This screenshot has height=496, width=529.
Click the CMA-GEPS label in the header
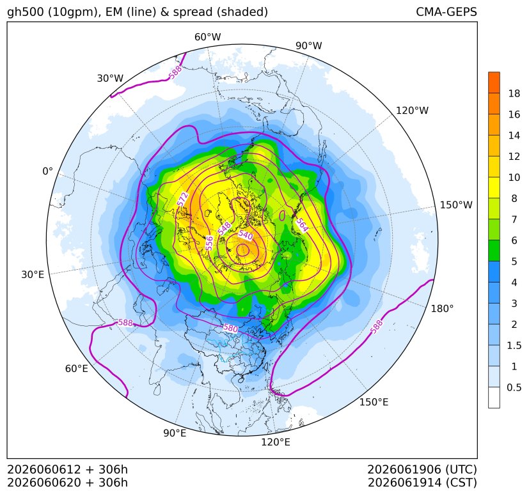tap(446, 12)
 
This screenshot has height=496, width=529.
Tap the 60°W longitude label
tap(207, 37)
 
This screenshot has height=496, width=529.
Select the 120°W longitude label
tap(412, 111)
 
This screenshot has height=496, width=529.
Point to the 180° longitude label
tap(442, 309)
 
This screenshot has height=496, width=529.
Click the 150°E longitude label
tap(374, 402)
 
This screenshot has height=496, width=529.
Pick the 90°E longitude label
tap(175, 433)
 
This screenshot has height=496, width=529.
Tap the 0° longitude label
tap(47, 171)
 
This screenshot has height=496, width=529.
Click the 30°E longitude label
tap(33, 274)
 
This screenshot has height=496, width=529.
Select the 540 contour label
tap(246, 235)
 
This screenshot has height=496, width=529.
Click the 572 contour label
tap(182, 199)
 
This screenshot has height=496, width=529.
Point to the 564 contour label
tap(302, 225)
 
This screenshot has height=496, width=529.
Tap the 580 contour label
tap(230, 328)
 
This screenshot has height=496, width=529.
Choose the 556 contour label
tap(209, 243)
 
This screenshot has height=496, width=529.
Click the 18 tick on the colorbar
tap(514, 93)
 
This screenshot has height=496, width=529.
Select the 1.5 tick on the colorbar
tap(514, 345)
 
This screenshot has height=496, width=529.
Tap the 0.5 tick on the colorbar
tap(514, 387)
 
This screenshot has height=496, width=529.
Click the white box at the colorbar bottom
tap(494, 398)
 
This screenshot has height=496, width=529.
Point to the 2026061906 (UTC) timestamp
tap(422, 470)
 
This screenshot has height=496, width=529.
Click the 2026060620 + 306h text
tap(67, 483)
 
